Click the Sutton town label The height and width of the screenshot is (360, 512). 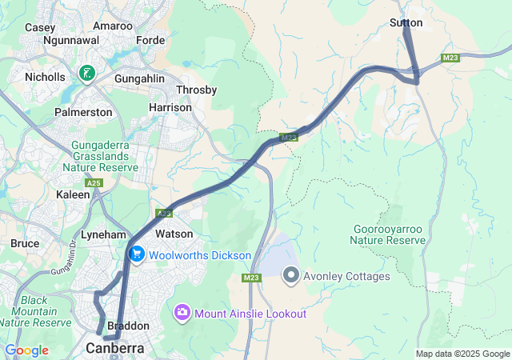point(406,23)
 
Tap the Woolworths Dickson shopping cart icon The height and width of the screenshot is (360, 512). point(137,254)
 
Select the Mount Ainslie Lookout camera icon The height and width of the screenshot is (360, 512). point(182,313)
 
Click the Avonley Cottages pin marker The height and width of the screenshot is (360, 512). point(291,276)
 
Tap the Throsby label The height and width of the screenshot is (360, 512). point(196,90)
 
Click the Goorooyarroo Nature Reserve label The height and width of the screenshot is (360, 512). point(389,234)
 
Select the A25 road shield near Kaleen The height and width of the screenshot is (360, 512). point(95,183)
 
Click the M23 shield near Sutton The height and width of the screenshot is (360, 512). point(450,58)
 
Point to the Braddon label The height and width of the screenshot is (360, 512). point(128,326)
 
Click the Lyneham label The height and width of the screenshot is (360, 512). point(103,234)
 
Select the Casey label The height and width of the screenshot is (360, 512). point(40,26)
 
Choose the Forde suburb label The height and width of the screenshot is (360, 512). point(150,40)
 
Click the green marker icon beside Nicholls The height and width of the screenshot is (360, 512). point(86,74)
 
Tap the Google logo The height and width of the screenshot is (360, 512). point(26,350)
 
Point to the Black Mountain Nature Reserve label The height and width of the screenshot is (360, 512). point(35,311)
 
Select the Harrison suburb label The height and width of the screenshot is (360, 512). point(170,107)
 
